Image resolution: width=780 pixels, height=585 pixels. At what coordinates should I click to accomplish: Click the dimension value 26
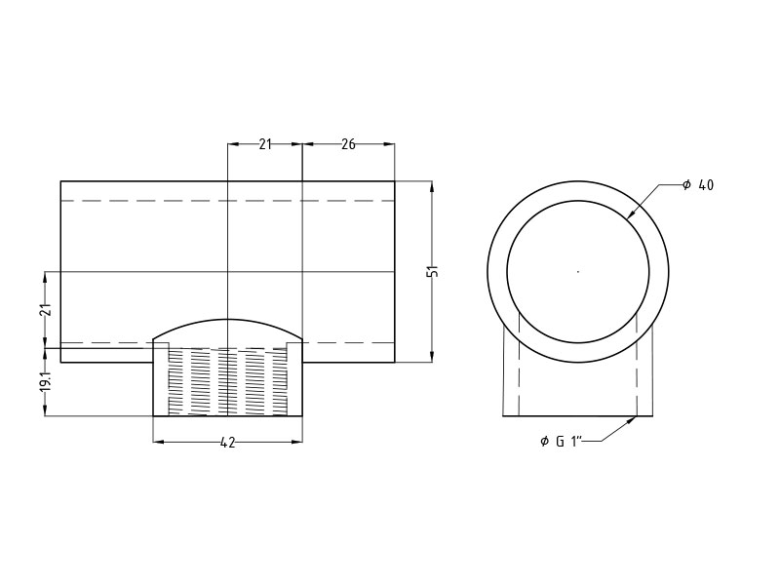pos(348,144)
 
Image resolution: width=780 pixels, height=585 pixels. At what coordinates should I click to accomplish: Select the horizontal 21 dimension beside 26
pos(265,144)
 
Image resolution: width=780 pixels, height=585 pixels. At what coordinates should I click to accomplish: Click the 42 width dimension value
pos(227,443)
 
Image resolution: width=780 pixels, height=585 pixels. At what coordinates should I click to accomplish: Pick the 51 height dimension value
pos(433,271)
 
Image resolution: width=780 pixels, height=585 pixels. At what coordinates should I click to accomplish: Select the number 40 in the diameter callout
pos(706,185)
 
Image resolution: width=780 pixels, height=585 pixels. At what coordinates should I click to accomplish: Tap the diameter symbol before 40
pos(686,185)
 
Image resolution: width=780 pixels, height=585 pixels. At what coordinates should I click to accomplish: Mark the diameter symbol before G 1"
pos(544,442)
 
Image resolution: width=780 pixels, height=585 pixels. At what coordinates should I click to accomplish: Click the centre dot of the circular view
pos(578,271)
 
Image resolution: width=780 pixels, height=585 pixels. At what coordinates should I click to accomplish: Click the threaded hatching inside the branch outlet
pos(227,380)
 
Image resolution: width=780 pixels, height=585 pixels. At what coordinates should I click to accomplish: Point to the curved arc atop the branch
pos(227,321)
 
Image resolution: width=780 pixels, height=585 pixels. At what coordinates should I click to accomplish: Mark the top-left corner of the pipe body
pos(60,181)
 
